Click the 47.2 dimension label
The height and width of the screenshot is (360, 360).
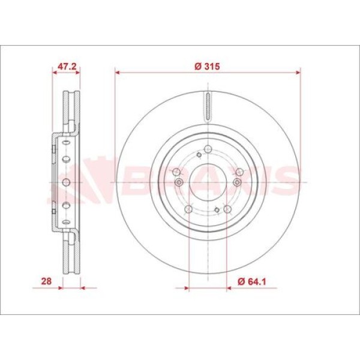click(67, 67)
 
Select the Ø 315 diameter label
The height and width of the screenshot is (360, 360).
click(207, 67)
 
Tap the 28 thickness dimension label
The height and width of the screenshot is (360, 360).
click(46, 281)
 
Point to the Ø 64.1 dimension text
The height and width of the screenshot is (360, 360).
click(251, 281)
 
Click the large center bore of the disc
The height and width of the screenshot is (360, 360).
click(208, 182)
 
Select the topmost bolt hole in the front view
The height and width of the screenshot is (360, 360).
click(208, 149)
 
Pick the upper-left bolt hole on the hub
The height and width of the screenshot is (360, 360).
click(176, 172)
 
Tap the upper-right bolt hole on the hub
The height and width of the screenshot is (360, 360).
click(239, 172)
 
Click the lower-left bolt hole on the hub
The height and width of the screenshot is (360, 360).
click(188, 209)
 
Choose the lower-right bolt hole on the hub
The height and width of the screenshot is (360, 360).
click(227, 209)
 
